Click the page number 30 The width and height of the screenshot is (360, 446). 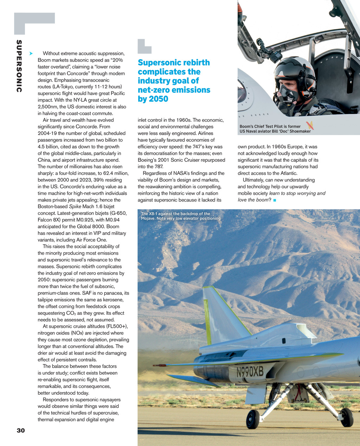tap(21, 430)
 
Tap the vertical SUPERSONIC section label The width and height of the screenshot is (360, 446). tap(19, 66)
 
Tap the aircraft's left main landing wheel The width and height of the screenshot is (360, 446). tap(252, 419)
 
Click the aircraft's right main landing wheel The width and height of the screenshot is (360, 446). tap(347, 417)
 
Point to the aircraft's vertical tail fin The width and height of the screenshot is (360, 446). tap(221, 317)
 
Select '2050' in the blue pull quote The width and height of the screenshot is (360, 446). tap(159, 99)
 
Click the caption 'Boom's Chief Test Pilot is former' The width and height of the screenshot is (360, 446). tap(270, 126)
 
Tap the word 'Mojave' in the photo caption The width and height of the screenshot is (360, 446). tap(148, 218)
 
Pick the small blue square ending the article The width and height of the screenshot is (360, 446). tap(274, 200)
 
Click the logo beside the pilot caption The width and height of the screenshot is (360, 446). tap(310, 125)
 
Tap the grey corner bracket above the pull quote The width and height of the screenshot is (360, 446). tap(144, 46)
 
